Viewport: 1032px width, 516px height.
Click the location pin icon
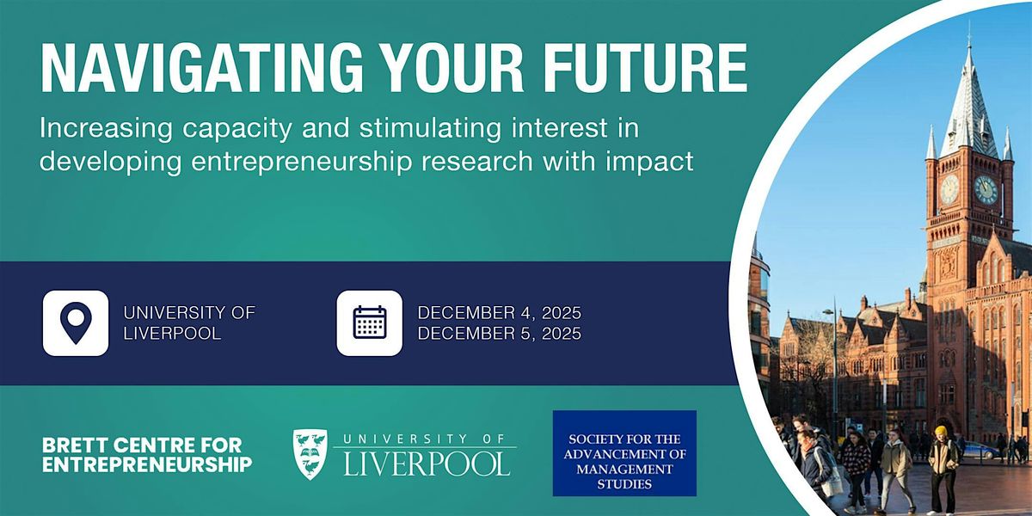(x=76, y=322)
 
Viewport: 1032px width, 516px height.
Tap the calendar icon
(x=369, y=322)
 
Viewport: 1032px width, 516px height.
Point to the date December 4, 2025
(x=500, y=312)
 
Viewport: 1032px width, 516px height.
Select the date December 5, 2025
(x=500, y=333)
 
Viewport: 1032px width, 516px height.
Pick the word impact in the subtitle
(x=654, y=162)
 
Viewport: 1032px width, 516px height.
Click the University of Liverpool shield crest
(x=310, y=454)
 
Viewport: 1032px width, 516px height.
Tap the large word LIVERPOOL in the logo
(x=427, y=462)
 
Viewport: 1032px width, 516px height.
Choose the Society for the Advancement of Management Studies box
(x=624, y=453)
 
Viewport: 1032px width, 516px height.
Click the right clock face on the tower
(x=986, y=189)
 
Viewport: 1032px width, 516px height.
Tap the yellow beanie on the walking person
(x=941, y=431)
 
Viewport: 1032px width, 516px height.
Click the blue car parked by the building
(x=980, y=449)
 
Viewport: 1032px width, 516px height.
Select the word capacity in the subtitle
(x=268, y=129)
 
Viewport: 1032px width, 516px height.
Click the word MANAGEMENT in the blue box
(x=624, y=469)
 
